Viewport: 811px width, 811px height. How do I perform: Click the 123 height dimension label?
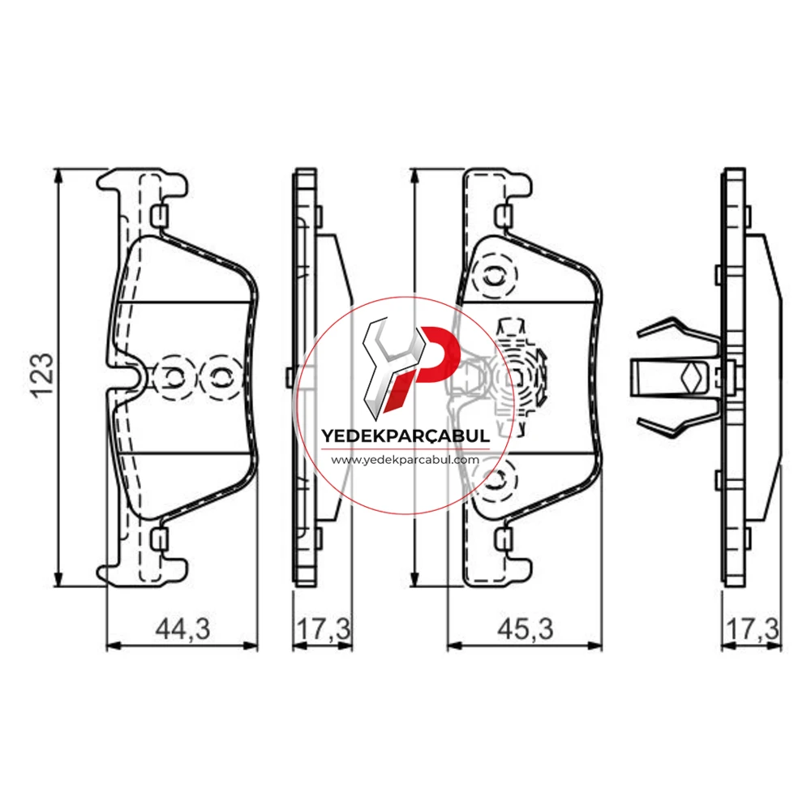pos(43,375)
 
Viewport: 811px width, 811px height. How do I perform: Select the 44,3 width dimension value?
pos(183,629)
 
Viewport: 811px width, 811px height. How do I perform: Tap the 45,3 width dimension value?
pos(525,629)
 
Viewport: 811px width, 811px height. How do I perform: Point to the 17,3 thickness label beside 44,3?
pos(324,629)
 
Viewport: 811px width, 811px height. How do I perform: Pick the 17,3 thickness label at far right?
pos(752,629)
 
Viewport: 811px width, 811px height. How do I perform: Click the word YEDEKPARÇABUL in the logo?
pos(405,436)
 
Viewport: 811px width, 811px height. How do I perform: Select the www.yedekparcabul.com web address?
pos(405,459)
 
